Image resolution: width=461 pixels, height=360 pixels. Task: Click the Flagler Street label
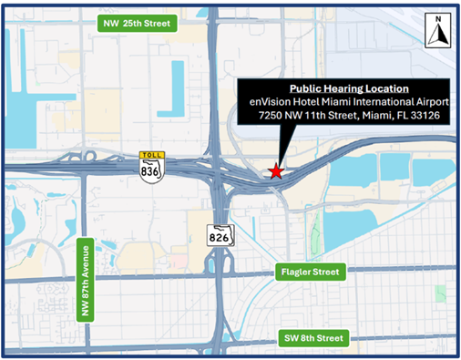[309, 272]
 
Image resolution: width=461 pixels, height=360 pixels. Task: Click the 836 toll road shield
[151, 169]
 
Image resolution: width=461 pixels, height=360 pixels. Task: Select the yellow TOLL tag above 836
[151, 155]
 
